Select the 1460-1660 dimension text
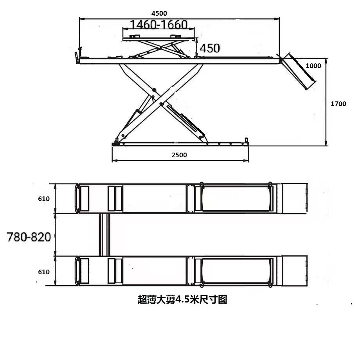click(158, 25)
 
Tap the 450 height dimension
click(210, 48)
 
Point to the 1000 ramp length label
click(313, 66)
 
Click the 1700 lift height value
click(338, 104)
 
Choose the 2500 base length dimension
click(179, 155)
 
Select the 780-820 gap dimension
click(29, 237)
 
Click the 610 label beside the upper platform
click(44, 199)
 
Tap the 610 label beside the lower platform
click(44, 272)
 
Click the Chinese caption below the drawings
click(182, 300)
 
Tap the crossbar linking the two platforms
click(104, 234)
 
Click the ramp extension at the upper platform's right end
click(294, 198)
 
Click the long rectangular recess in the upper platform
click(236, 198)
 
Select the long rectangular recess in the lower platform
click(236, 271)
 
